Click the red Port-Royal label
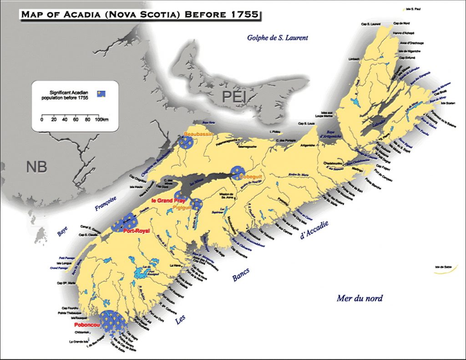pyautogui.click(x=137, y=231)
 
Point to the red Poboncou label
pyautogui.click(x=86, y=325)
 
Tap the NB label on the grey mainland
pyautogui.click(x=36, y=166)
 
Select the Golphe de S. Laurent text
pyautogui.click(x=277, y=38)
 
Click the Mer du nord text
pyautogui.click(x=360, y=299)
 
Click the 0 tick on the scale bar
pyautogui.click(x=42, y=120)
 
